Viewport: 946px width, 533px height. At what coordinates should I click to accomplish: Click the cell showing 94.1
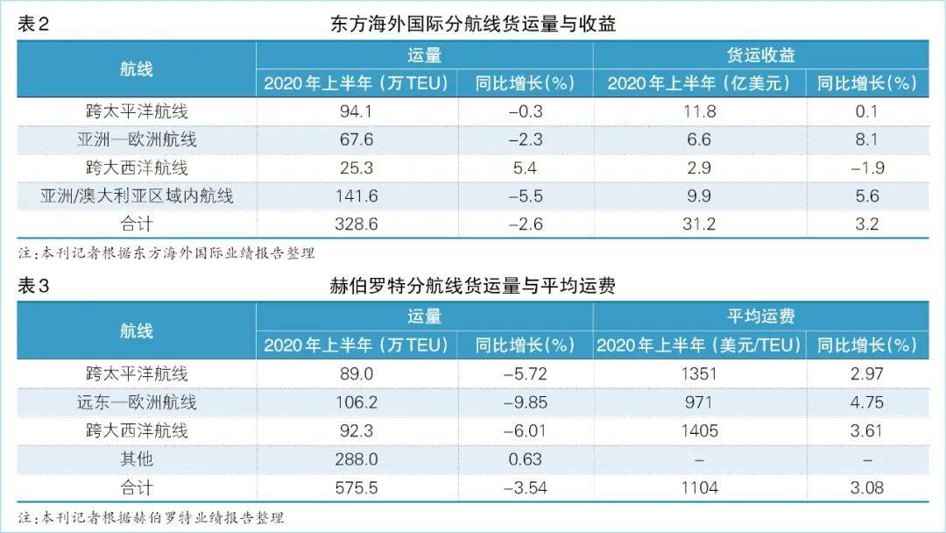[357, 111]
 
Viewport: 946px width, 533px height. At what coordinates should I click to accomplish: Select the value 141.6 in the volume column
[357, 195]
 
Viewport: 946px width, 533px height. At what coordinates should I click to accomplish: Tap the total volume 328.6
[357, 224]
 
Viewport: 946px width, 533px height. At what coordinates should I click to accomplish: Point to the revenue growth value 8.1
[866, 139]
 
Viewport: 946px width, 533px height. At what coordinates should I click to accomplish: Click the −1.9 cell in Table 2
[866, 167]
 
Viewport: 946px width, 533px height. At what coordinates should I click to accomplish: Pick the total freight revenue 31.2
[698, 224]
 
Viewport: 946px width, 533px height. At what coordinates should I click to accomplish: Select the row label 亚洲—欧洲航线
[137, 139]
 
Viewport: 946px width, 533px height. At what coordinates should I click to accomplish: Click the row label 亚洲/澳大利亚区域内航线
[137, 195]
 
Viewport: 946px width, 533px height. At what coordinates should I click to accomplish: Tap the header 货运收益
[760, 55]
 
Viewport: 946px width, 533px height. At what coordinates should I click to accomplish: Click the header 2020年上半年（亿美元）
[698, 83]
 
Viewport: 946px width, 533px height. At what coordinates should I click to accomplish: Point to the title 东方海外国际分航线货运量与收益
[473, 24]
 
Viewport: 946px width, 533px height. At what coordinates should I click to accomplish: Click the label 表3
[33, 286]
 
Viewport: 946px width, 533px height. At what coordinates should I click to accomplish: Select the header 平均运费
[760, 316]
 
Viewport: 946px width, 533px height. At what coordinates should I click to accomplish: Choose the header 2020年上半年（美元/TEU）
[698, 345]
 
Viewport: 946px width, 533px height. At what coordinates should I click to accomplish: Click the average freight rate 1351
[698, 374]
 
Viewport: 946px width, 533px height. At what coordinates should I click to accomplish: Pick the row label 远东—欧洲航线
[137, 402]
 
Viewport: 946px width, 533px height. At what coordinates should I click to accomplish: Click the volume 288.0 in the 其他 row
[357, 458]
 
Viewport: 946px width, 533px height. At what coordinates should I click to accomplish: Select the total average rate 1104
[698, 487]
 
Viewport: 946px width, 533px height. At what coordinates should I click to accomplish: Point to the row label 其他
[137, 458]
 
